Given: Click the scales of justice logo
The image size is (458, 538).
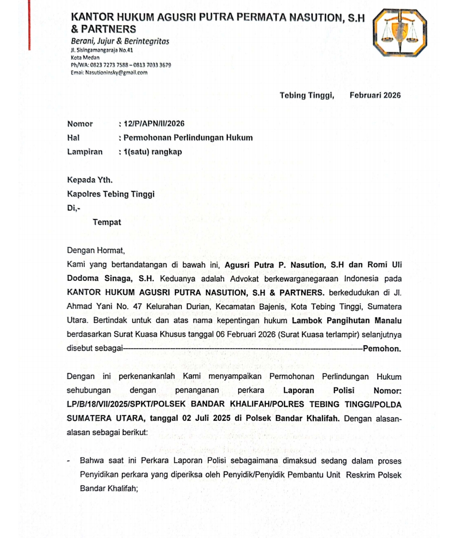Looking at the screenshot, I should (x=399, y=33).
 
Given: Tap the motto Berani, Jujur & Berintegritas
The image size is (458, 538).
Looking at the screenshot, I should (x=120, y=41).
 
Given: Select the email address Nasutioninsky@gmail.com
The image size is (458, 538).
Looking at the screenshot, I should (x=116, y=73).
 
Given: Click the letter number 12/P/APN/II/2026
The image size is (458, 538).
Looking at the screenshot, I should (x=154, y=123).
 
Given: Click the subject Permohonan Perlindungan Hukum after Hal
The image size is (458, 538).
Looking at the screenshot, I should (x=188, y=137).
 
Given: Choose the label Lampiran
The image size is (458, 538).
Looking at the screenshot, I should (x=85, y=151).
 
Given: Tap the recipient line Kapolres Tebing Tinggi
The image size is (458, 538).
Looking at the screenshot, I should (x=111, y=194).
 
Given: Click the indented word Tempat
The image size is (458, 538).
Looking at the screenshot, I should (x=107, y=222).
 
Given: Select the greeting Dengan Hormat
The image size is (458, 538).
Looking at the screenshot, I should (x=96, y=250).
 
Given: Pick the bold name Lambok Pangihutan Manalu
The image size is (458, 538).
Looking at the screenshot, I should (x=346, y=320).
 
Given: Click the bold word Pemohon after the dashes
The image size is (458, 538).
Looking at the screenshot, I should (x=382, y=349).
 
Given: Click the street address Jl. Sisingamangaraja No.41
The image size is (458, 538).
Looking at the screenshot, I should (x=102, y=50).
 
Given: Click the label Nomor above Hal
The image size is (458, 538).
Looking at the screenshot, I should (x=80, y=123).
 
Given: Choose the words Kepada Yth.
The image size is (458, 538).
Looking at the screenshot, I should (x=90, y=180).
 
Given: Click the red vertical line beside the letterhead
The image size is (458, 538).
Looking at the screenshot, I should (x=30, y=25).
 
